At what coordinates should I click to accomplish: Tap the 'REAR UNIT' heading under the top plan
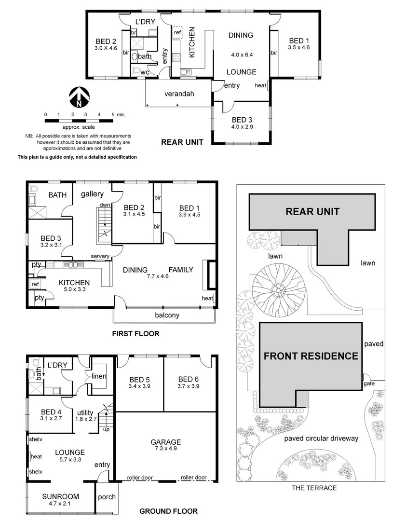point(182,142)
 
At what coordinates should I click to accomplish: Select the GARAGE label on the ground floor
point(165,442)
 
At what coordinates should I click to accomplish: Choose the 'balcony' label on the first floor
point(167,315)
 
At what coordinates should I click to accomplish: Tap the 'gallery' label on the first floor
point(92,194)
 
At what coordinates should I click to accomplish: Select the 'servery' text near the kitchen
point(100,256)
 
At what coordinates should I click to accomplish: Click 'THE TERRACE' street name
point(314,488)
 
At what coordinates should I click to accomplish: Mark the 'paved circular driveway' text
point(321,439)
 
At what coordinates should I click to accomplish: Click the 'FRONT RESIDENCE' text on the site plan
point(311,356)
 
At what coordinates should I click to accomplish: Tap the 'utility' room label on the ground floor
point(85,412)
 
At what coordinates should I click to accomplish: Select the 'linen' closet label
point(99,376)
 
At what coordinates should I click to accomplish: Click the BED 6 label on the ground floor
point(188,379)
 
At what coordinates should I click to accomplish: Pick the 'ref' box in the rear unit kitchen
point(177,33)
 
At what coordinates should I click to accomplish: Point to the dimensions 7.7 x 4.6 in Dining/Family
point(158,277)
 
